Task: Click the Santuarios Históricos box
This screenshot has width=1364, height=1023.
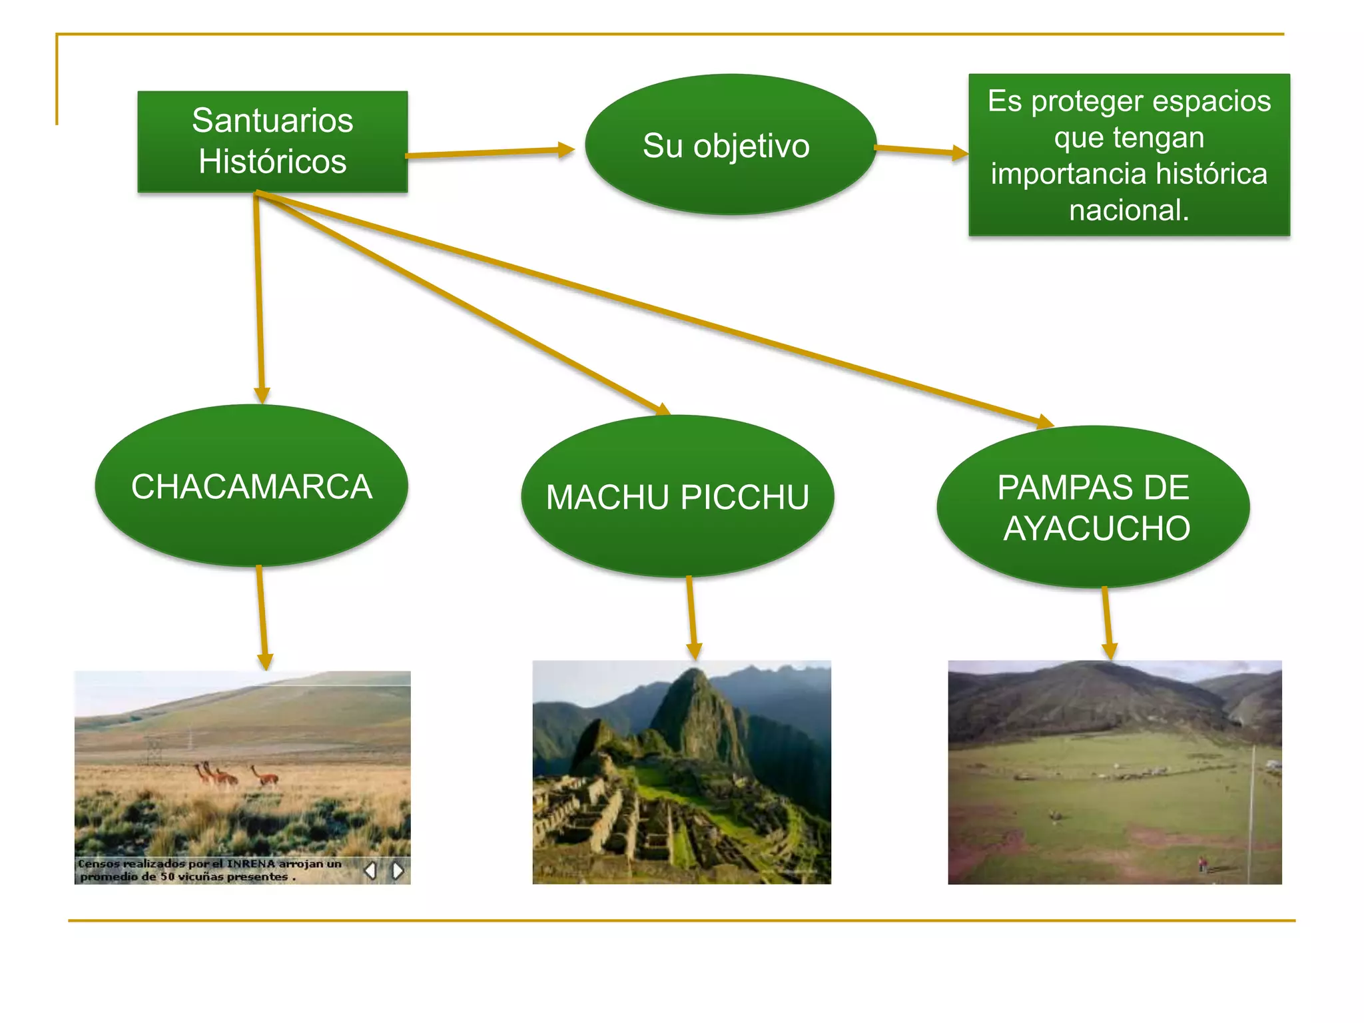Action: (272, 142)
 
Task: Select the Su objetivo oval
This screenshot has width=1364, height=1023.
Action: (730, 145)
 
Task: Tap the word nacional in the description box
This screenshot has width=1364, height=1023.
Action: (1129, 210)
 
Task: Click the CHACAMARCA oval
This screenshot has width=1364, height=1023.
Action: (251, 486)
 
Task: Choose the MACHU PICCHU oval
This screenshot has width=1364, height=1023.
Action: (677, 497)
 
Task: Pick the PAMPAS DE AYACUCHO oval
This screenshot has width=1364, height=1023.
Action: (1093, 507)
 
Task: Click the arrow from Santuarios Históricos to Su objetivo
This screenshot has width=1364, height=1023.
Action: (490, 153)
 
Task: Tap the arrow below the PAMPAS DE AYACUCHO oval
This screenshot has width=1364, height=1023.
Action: (1108, 623)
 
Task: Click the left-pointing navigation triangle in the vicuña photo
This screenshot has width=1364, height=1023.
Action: (371, 870)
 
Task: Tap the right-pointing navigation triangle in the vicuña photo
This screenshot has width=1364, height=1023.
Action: (398, 870)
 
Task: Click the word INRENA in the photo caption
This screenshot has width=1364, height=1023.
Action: (251, 864)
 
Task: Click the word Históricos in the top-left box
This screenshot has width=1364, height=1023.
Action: (272, 162)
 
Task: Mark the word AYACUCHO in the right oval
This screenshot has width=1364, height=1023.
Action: (1097, 529)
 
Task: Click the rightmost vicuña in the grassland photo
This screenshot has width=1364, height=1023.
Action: (265, 777)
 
